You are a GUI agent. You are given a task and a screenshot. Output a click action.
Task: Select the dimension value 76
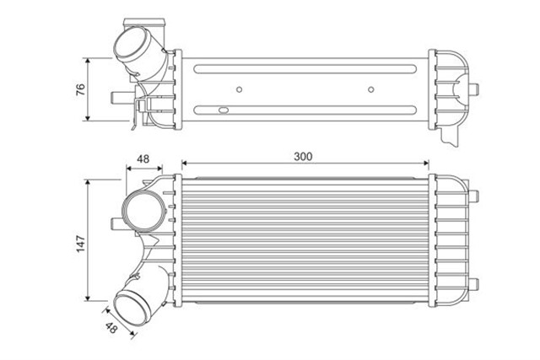(81, 89)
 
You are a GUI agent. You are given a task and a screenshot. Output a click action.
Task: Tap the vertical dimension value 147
(81, 243)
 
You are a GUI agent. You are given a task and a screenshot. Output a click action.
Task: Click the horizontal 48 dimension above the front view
(143, 158)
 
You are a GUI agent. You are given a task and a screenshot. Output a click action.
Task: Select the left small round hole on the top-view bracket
(240, 89)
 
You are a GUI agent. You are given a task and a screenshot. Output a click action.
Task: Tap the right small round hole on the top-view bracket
(371, 89)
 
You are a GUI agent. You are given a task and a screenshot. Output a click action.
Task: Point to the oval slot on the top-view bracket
(224, 109)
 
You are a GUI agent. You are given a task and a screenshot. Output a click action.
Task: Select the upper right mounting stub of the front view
(475, 193)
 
